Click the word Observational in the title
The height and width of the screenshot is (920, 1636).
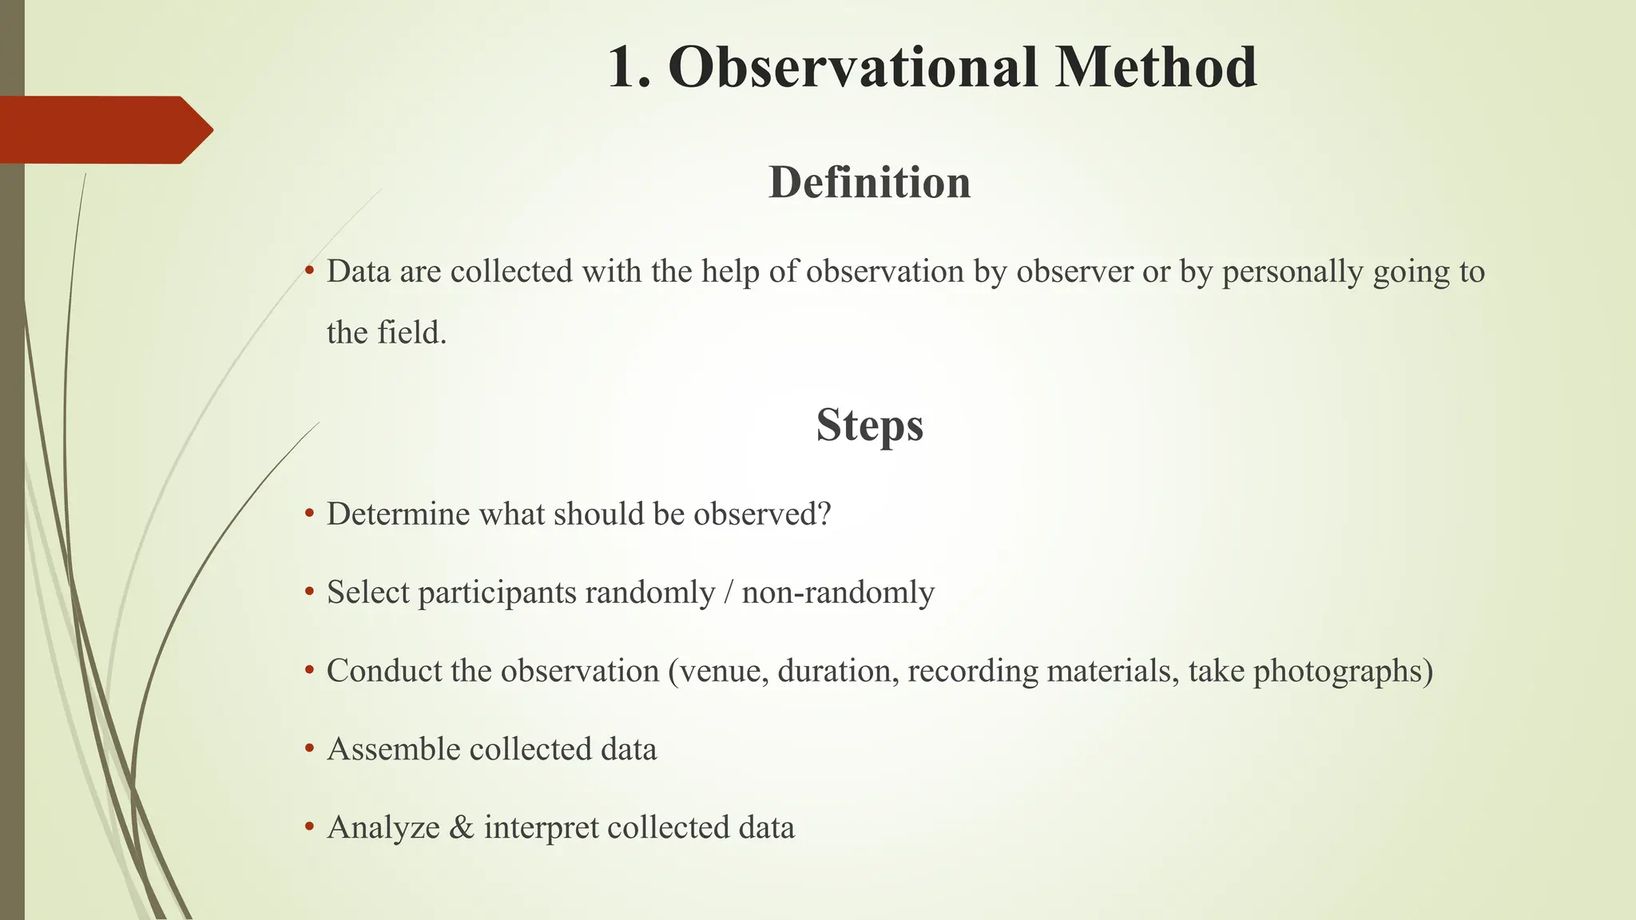click(x=852, y=67)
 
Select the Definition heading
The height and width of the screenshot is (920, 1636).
click(x=869, y=183)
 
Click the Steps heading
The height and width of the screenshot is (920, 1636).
click(x=869, y=425)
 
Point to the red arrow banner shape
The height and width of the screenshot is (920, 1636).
click(x=104, y=129)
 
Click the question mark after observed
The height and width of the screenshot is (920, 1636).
click(x=824, y=514)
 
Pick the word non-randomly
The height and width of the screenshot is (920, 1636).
click(x=838, y=593)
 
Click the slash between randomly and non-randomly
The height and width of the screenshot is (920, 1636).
click(x=728, y=593)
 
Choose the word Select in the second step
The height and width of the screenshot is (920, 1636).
click(x=367, y=593)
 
